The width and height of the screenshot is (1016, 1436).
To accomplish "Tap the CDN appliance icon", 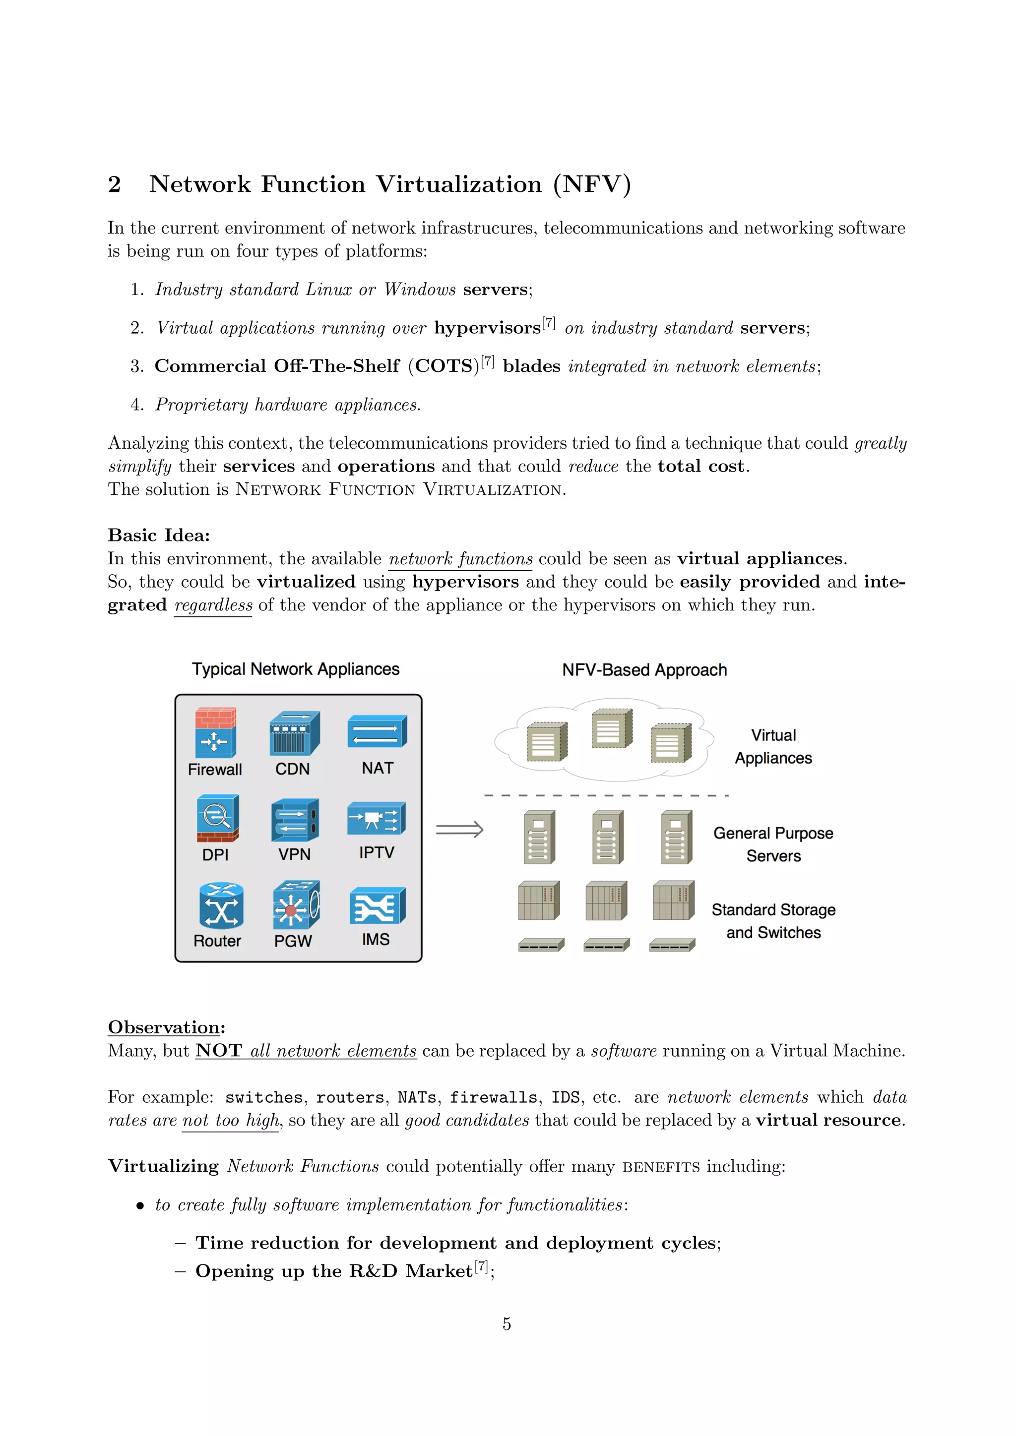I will (294, 732).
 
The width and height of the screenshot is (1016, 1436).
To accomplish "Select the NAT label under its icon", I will (377, 768).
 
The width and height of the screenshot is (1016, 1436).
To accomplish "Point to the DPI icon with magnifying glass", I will (217, 818).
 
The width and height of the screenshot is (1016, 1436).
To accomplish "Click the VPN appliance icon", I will (295, 819).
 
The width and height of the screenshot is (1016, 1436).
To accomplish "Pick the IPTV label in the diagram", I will (377, 852).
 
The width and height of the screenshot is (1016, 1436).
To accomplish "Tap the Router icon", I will (221, 905).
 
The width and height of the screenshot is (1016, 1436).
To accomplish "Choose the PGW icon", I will (296, 905).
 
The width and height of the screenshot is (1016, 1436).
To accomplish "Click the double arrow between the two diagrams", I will (460, 830).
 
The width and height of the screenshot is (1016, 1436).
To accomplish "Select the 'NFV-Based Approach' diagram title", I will (644, 670).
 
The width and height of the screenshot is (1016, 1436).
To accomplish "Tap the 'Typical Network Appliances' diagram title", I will (295, 669).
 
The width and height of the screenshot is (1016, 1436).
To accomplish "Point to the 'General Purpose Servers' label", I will (773, 844).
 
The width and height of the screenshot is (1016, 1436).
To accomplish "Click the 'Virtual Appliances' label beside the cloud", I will (773, 746).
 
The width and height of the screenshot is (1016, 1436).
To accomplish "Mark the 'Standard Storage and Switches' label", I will (773, 921).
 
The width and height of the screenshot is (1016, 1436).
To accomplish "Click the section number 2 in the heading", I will (114, 184).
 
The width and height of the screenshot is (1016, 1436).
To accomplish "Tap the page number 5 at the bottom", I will (507, 1324).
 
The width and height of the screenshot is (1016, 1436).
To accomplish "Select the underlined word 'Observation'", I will (164, 1027).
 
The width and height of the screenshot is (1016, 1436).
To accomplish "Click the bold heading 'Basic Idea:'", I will (159, 536).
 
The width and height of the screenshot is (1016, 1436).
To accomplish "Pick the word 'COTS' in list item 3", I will (444, 366).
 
